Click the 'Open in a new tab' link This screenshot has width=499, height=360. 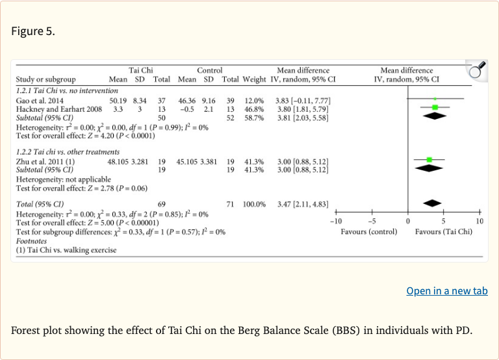[447, 290]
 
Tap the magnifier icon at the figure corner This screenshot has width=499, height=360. [477, 70]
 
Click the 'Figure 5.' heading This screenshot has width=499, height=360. [33, 31]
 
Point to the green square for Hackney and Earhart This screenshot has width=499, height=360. [435, 107]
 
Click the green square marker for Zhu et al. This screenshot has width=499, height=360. [429, 159]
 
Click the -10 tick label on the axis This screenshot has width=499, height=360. [335, 222]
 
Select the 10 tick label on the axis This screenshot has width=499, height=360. [480, 222]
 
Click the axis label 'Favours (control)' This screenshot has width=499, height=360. [369, 232]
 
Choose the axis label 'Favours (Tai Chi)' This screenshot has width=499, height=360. [444, 232]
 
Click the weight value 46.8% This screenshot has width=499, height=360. [254, 109]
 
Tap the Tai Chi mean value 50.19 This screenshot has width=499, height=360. [118, 101]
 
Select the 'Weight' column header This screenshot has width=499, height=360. [254, 80]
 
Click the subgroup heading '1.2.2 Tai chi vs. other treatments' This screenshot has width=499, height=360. [68, 152]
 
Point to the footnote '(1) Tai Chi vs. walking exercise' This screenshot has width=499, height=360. [66, 249]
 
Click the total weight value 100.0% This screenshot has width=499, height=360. [254, 204]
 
